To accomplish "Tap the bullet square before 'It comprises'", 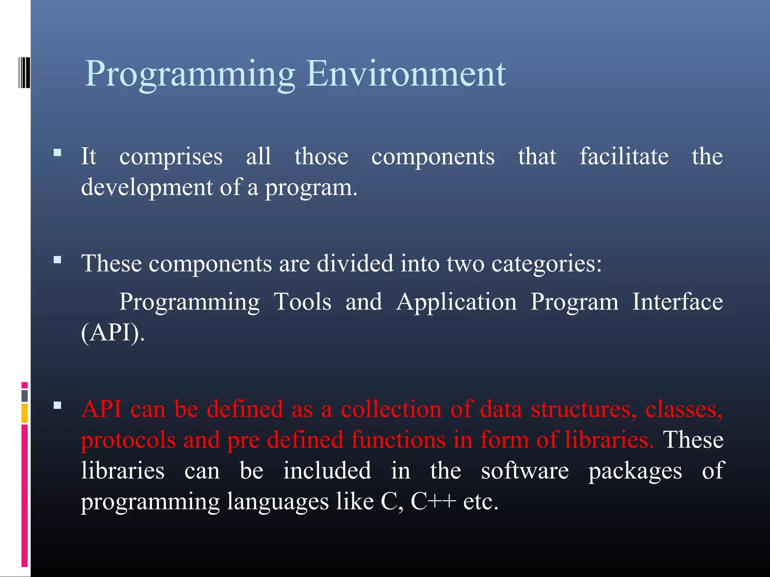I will [x=58, y=153].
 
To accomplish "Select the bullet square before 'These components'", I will [x=58, y=260].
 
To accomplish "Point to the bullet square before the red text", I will [x=58, y=405].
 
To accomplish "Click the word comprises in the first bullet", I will [x=171, y=157].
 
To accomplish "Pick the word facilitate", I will [x=624, y=156].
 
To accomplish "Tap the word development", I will [x=147, y=187].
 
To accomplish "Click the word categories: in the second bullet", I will [x=546, y=264].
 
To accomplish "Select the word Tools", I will [x=303, y=302].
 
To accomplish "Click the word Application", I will [x=456, y=302].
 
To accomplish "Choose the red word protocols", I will [x=128, y=440].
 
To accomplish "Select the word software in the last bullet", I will [x=525, y=471].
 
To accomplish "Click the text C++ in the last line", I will [x=433, y=501].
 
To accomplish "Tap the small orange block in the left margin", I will [x=24, y=413].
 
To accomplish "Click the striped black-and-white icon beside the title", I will [x=24, y=72].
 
